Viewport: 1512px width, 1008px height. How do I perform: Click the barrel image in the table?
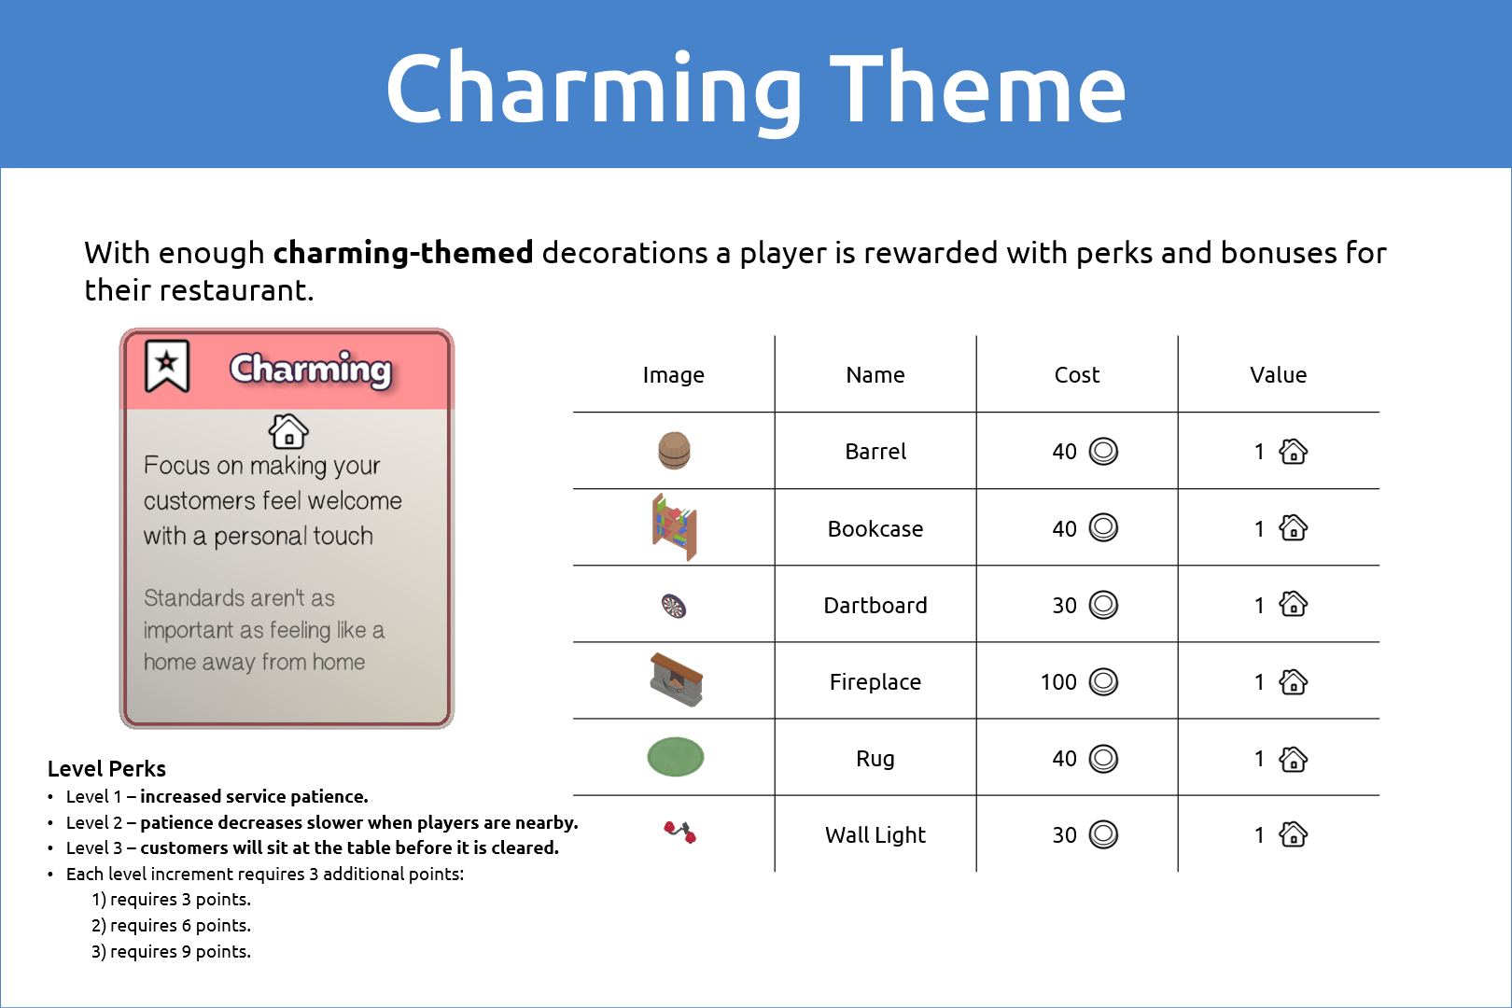[x=674, y=450]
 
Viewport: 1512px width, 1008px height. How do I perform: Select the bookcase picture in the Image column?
[x=674, y=527]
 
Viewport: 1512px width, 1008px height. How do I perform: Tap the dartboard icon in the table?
[x=674, y=606]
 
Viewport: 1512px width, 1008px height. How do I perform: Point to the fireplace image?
[x=676, y=679]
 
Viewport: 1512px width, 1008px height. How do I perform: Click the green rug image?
[x=675, y=757]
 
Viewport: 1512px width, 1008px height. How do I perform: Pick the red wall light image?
[x=679, y=833]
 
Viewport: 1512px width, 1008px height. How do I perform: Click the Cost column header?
[x=1077, y=374]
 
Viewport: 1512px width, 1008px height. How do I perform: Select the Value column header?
[x=1278, y=374]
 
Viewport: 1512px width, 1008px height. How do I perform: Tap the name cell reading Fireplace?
[x=875, y=682]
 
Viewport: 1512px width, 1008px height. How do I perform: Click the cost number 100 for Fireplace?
[x=1058, y=682]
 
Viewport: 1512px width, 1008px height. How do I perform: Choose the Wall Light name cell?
[x=875, y=835]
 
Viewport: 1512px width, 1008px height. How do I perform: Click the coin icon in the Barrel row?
[x=1103, y=451]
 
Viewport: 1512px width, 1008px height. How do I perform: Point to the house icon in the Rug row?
[x=1294, y=759]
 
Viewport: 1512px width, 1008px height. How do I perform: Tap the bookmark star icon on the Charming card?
[x=167, y=365]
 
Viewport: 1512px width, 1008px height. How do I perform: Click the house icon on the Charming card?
[x=289, y=431]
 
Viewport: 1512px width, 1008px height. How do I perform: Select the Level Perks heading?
[x=106, y=768]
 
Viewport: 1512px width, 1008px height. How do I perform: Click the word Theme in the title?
[x=977, y=89]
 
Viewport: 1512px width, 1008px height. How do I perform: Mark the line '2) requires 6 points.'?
[x=172, y=925]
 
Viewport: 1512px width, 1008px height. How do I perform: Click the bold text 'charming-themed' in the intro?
[x=403, y=253]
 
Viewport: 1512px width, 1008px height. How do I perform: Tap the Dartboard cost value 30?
[x=1065, y=606]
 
